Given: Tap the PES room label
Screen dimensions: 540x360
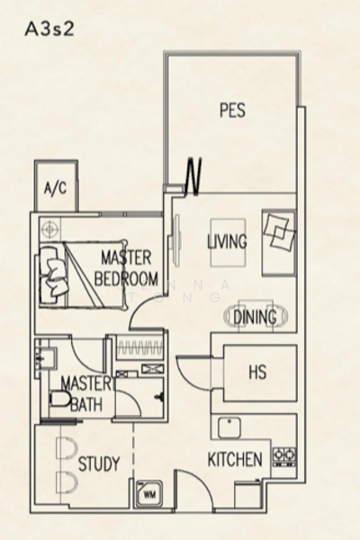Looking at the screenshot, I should point(232,111).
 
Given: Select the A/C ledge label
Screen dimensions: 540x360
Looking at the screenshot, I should point(53,189).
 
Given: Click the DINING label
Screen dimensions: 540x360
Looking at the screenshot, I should point(255,317).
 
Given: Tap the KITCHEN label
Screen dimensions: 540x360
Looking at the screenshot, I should point(235,459).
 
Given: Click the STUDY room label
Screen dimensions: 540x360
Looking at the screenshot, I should point(98,464).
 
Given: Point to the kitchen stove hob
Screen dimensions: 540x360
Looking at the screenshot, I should point(284,455).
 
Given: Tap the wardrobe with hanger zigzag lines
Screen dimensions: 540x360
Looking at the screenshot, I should point(136,347).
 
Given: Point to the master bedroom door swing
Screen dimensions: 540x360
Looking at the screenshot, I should point(145,315).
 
